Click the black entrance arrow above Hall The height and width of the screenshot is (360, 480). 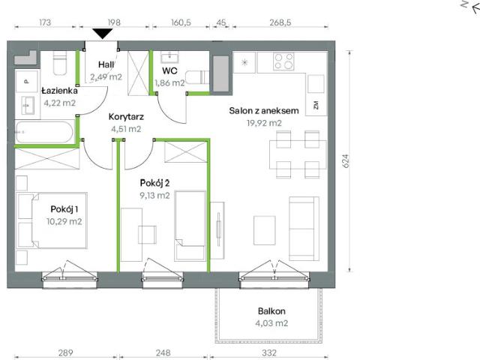[x=101, y=32]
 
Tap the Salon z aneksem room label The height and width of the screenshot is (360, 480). [x=265, y=111]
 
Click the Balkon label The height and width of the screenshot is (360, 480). [x=271, y=310]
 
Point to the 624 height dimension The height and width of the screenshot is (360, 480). [x=347, y=161]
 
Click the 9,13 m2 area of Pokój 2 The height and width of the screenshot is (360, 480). [x=154, y=195]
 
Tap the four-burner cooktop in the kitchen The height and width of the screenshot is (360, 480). [x=283, y=61]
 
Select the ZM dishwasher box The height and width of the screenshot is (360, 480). [x=315, y=105]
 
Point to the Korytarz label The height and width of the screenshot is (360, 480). [x=125, y=116]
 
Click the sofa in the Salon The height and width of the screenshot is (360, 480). [x=303, y=217]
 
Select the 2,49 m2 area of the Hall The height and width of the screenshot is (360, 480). [x=106, y=76]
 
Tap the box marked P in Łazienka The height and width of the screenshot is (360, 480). [x=25, y=80]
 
